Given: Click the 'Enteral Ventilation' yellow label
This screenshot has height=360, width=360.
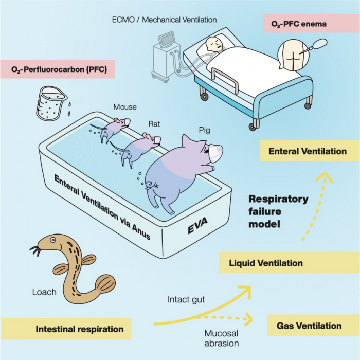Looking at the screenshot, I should point(307,151).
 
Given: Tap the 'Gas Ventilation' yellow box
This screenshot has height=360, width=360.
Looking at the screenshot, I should point(309,326).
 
